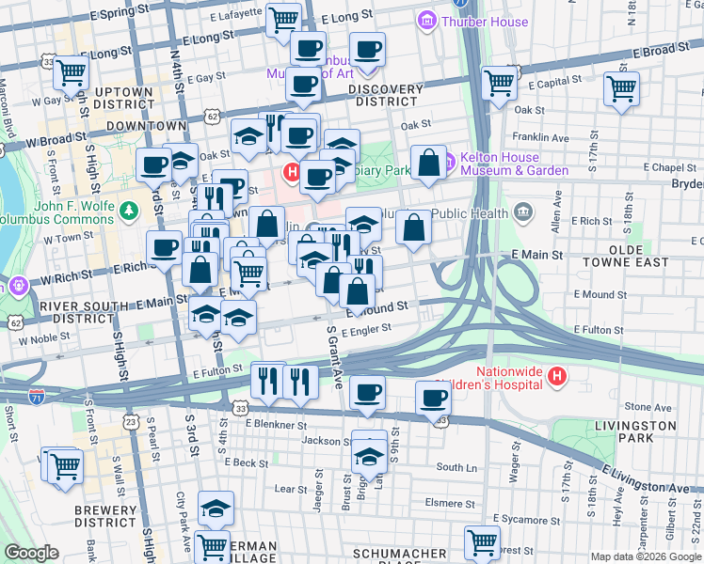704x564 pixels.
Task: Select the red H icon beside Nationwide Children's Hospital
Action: coord(557,377)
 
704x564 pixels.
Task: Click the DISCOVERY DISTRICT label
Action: coord(386,95)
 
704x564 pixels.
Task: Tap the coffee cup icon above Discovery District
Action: coord(367,50)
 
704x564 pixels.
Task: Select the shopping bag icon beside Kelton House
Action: coord(429,163)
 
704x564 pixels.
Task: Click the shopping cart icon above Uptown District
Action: coord(72,71)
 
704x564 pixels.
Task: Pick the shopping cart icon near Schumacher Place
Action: coord(482,541)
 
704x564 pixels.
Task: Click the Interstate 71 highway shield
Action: coord(37,396)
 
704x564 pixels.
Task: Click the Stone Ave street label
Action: coord(648,407)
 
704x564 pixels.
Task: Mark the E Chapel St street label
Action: coord(670,167)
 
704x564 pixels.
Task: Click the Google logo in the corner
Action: coord(31,553)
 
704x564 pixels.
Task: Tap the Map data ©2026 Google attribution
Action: coord(645,556)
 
